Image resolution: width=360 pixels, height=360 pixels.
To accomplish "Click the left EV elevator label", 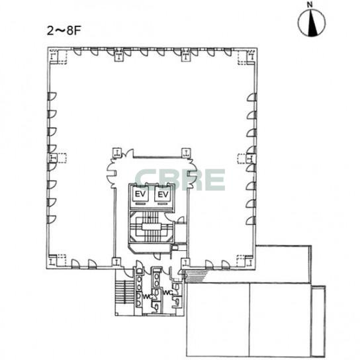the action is pyautogui.click(x=140, y=195).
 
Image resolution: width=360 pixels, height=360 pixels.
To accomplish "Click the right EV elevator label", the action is pyautogui.click(x=163, y=195).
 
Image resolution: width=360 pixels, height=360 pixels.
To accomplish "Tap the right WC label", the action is pyautogui.click(x=168, y=292).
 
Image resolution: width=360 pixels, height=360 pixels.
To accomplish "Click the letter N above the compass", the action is pyautogui.click(x=310, y=5).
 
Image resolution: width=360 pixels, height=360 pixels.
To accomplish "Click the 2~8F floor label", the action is pyautogui.click(x=64, y=30).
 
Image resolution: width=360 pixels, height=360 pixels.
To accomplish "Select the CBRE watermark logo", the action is pyautogui.click(x=180, y=179).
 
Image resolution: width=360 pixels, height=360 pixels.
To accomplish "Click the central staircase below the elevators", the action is pyautogui.click(x=151, y=227).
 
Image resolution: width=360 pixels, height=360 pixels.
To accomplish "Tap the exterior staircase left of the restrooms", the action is pyautogui.click(x=124, y=292).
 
